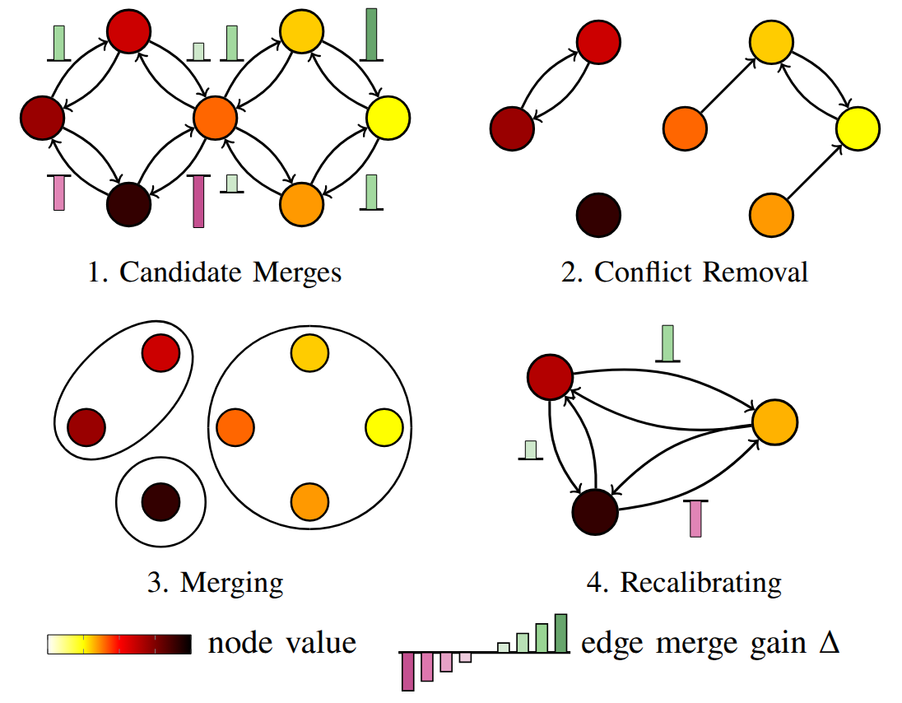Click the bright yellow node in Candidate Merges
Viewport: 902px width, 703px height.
389,118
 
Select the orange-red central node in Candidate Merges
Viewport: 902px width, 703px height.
216,118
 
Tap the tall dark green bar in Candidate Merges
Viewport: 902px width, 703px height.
371,35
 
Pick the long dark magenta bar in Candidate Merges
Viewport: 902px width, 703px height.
198,202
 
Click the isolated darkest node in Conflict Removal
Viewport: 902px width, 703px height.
598,216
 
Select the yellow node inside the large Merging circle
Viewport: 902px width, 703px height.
384,427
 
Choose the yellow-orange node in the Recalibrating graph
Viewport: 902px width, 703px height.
774,421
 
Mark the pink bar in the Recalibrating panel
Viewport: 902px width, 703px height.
695,519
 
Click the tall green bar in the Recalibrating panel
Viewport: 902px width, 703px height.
667,342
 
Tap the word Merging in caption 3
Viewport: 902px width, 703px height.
231,583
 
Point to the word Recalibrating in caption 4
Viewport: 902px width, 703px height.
700,583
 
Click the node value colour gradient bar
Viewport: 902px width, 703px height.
119,644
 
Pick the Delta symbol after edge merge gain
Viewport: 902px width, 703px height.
829,643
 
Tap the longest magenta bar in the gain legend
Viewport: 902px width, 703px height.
407,671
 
